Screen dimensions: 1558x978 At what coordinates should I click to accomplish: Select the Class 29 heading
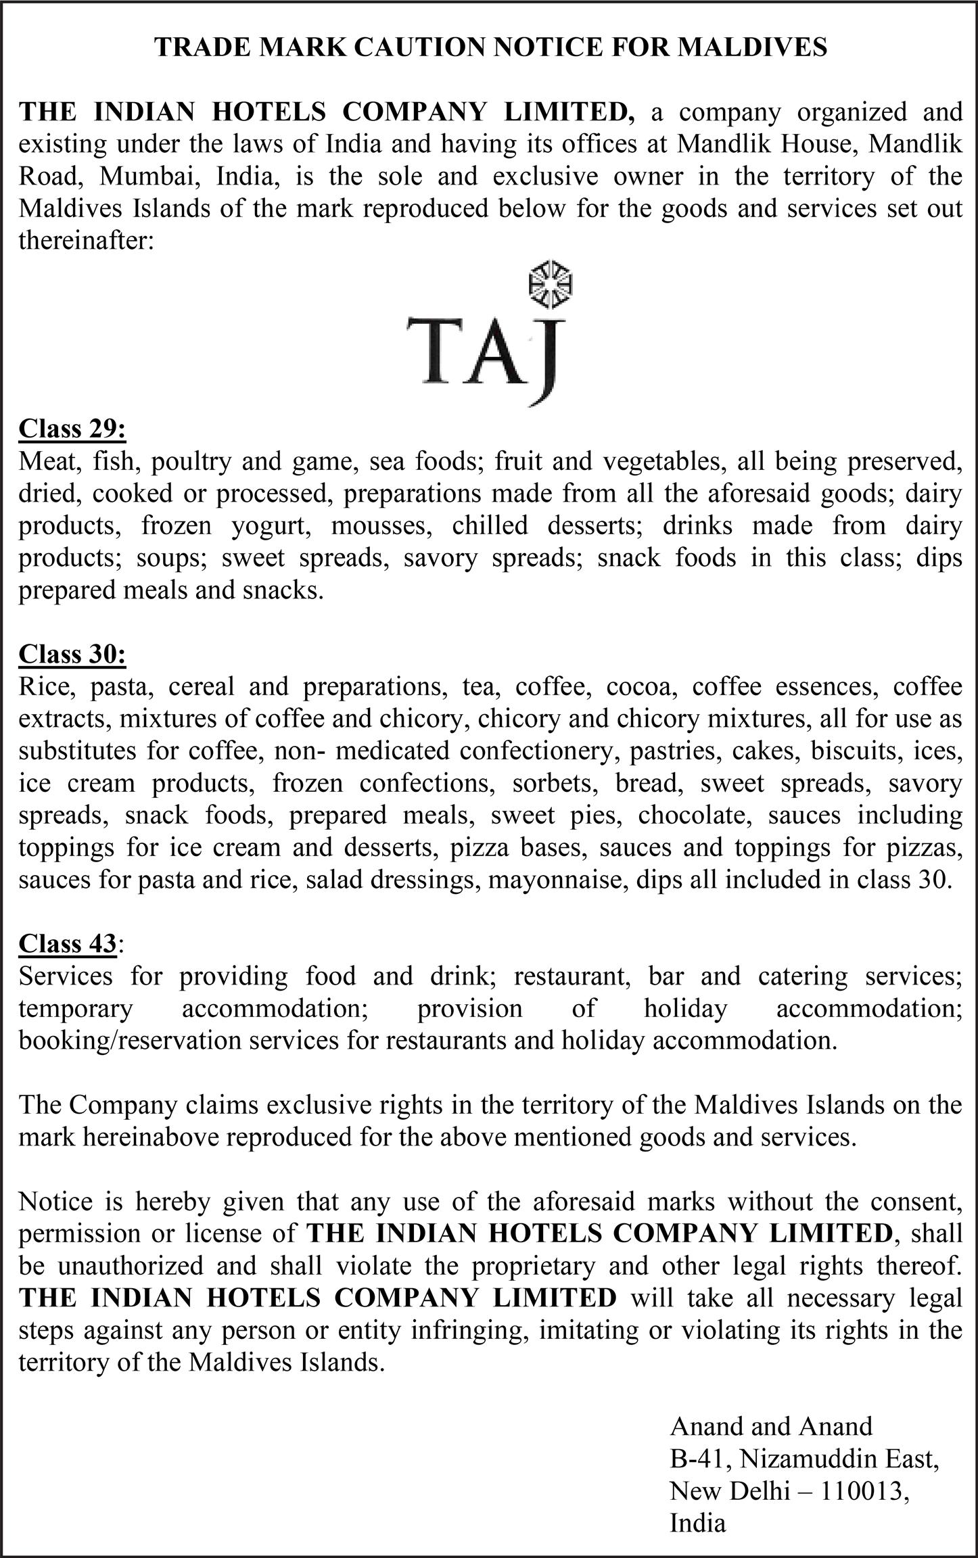[72, 429]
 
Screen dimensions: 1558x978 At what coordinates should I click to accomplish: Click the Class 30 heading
[72, 654]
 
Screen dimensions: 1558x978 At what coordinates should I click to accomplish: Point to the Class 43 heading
[68, 943]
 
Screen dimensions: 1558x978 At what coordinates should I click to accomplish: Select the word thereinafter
[87, 241]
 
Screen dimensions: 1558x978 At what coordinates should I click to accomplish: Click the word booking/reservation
[130, 1040]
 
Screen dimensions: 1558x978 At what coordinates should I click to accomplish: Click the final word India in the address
[697, 1523]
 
